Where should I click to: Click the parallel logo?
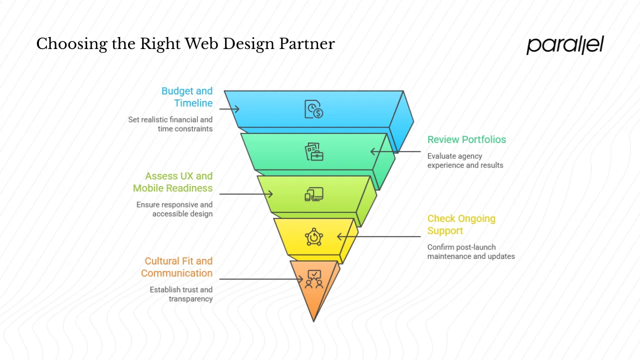click(565, 45)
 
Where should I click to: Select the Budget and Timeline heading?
click(186, 97)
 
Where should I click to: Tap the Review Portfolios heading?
click(466, 139)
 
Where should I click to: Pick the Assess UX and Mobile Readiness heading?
click(172, 182)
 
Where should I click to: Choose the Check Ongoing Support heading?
click(461, 224)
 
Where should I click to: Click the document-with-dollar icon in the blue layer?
click(314, 109)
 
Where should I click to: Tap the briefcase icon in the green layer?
click(314, 151)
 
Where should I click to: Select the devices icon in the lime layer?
click(314, 194)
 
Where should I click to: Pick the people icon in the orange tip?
click(314, 279)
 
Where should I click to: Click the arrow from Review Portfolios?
click(395, 151)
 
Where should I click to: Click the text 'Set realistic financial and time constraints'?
click(170, 124)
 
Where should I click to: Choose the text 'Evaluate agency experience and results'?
click(465, 160)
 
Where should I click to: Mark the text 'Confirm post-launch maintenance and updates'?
click(470, 251)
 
